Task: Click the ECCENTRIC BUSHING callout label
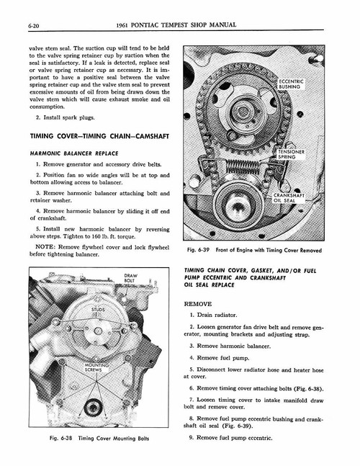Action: click(289, 85)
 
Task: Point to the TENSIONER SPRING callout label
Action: click(291, 155)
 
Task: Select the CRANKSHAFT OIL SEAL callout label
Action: click(288, 198)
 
